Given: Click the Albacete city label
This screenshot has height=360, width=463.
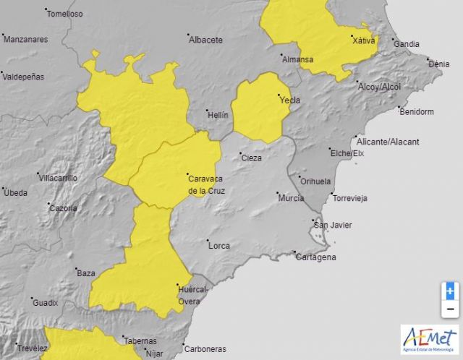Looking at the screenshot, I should [205, 40].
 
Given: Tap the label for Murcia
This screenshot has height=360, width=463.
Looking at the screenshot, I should [291, 197].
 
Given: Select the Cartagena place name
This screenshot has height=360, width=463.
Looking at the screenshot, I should [316, 257].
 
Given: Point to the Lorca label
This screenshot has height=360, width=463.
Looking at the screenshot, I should [219, 246].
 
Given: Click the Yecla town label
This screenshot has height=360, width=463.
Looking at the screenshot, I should [290, 100].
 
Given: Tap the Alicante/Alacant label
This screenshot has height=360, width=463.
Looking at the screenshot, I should [387, 142].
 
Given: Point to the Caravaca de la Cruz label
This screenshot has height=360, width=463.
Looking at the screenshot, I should [206, 184].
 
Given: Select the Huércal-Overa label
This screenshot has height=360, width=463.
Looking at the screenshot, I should [193, 295].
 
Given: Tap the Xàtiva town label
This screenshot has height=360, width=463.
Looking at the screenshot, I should [363, 40].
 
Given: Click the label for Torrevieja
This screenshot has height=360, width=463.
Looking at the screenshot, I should [350, 197].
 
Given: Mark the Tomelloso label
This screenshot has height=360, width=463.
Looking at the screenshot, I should [64, 14].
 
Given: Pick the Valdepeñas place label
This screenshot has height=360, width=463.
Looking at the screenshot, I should [23, 76].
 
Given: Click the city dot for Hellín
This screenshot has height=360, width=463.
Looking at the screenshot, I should [206, 109].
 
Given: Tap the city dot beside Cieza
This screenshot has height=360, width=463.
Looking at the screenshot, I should [239, 153].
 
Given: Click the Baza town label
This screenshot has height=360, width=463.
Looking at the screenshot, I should [86, 273].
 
